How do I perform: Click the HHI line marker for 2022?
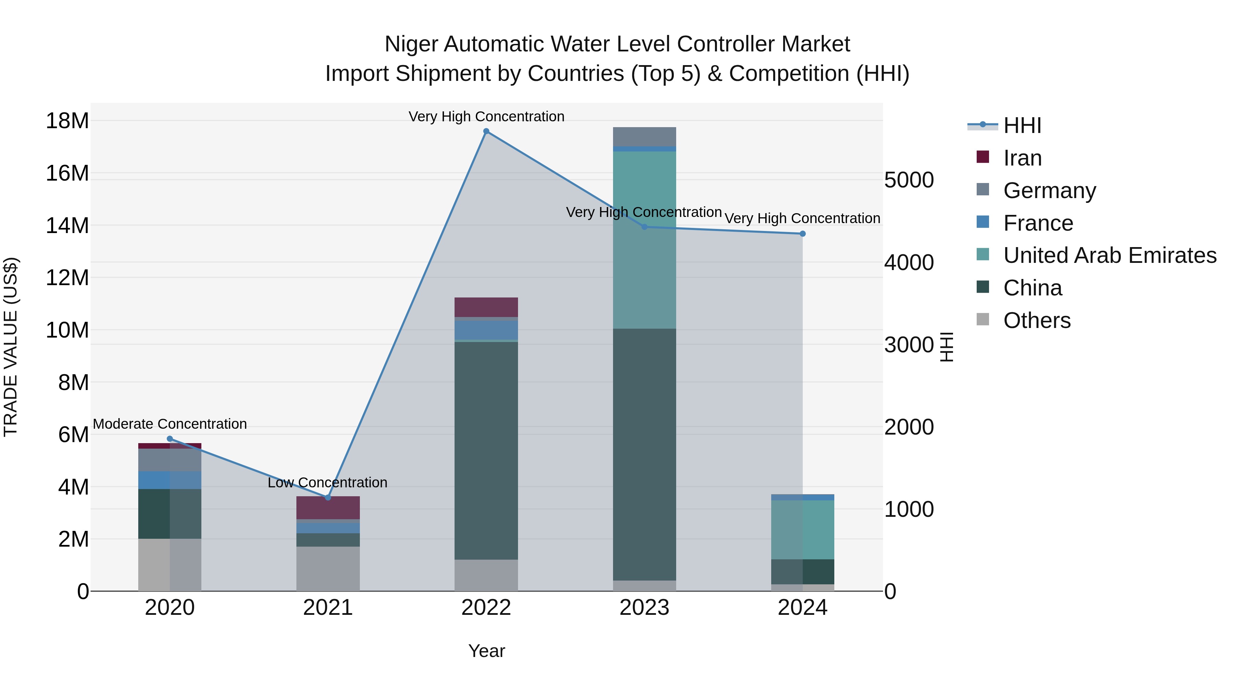[x=486, y=131]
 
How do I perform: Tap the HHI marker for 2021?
[x=328, y=498]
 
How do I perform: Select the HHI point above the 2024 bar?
[x=802, y=234]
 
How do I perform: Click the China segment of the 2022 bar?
[x=486, y=450]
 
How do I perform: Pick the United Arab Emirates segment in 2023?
[x=644, y=240]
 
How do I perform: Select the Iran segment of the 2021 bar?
[x=328, y=508]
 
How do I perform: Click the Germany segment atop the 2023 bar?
[x=644, y=136]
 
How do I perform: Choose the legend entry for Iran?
[x=1022, y=158]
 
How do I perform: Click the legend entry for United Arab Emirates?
[x=1109, y=255]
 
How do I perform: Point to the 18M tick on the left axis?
[x=67, y=121]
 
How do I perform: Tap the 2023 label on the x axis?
[x=644, y=608]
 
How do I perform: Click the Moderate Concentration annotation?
[x=170, y=424]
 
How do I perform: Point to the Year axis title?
[x=486, y=651]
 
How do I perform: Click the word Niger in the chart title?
[x=411, y=45]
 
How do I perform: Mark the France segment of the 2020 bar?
[x=170, y=480]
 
